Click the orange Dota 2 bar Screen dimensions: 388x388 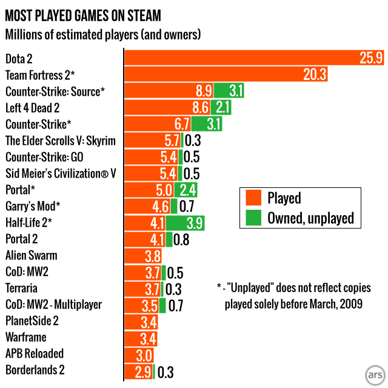pyautogui.click(x=242, y=58)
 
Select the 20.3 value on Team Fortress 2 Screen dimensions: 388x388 pyautogui.click(x=315, y=75)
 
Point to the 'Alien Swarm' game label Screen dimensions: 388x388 pyautogui.click(x=33, y=255)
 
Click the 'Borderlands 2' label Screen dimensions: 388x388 pyautogui.click(x=35, y=369)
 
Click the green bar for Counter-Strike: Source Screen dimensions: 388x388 pyautogui.click(x=229, y=91)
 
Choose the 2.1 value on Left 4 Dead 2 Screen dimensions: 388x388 pyautogui.click(x=222, y=107)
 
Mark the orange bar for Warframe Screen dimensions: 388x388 pyautogui.click(x=133, y=337)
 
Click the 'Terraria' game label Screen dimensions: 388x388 pyautogui.click(x=22, y=287)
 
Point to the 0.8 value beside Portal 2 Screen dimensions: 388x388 pyautogui.click(x=181, y=239)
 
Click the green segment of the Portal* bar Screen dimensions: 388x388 pyautogui.click(x=186, y=189)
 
